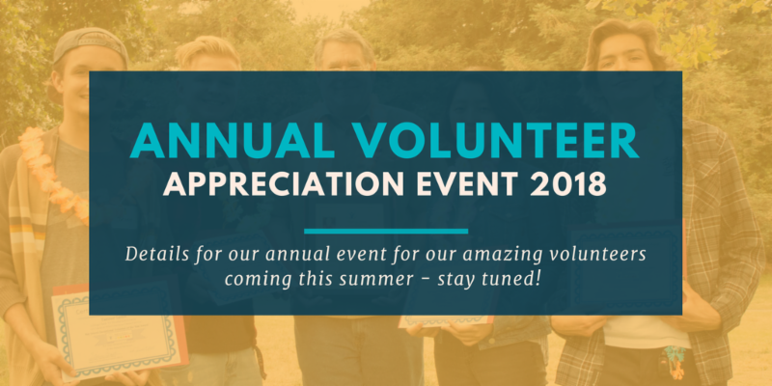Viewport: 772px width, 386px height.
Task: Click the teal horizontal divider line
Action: click(x=386, y=231)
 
